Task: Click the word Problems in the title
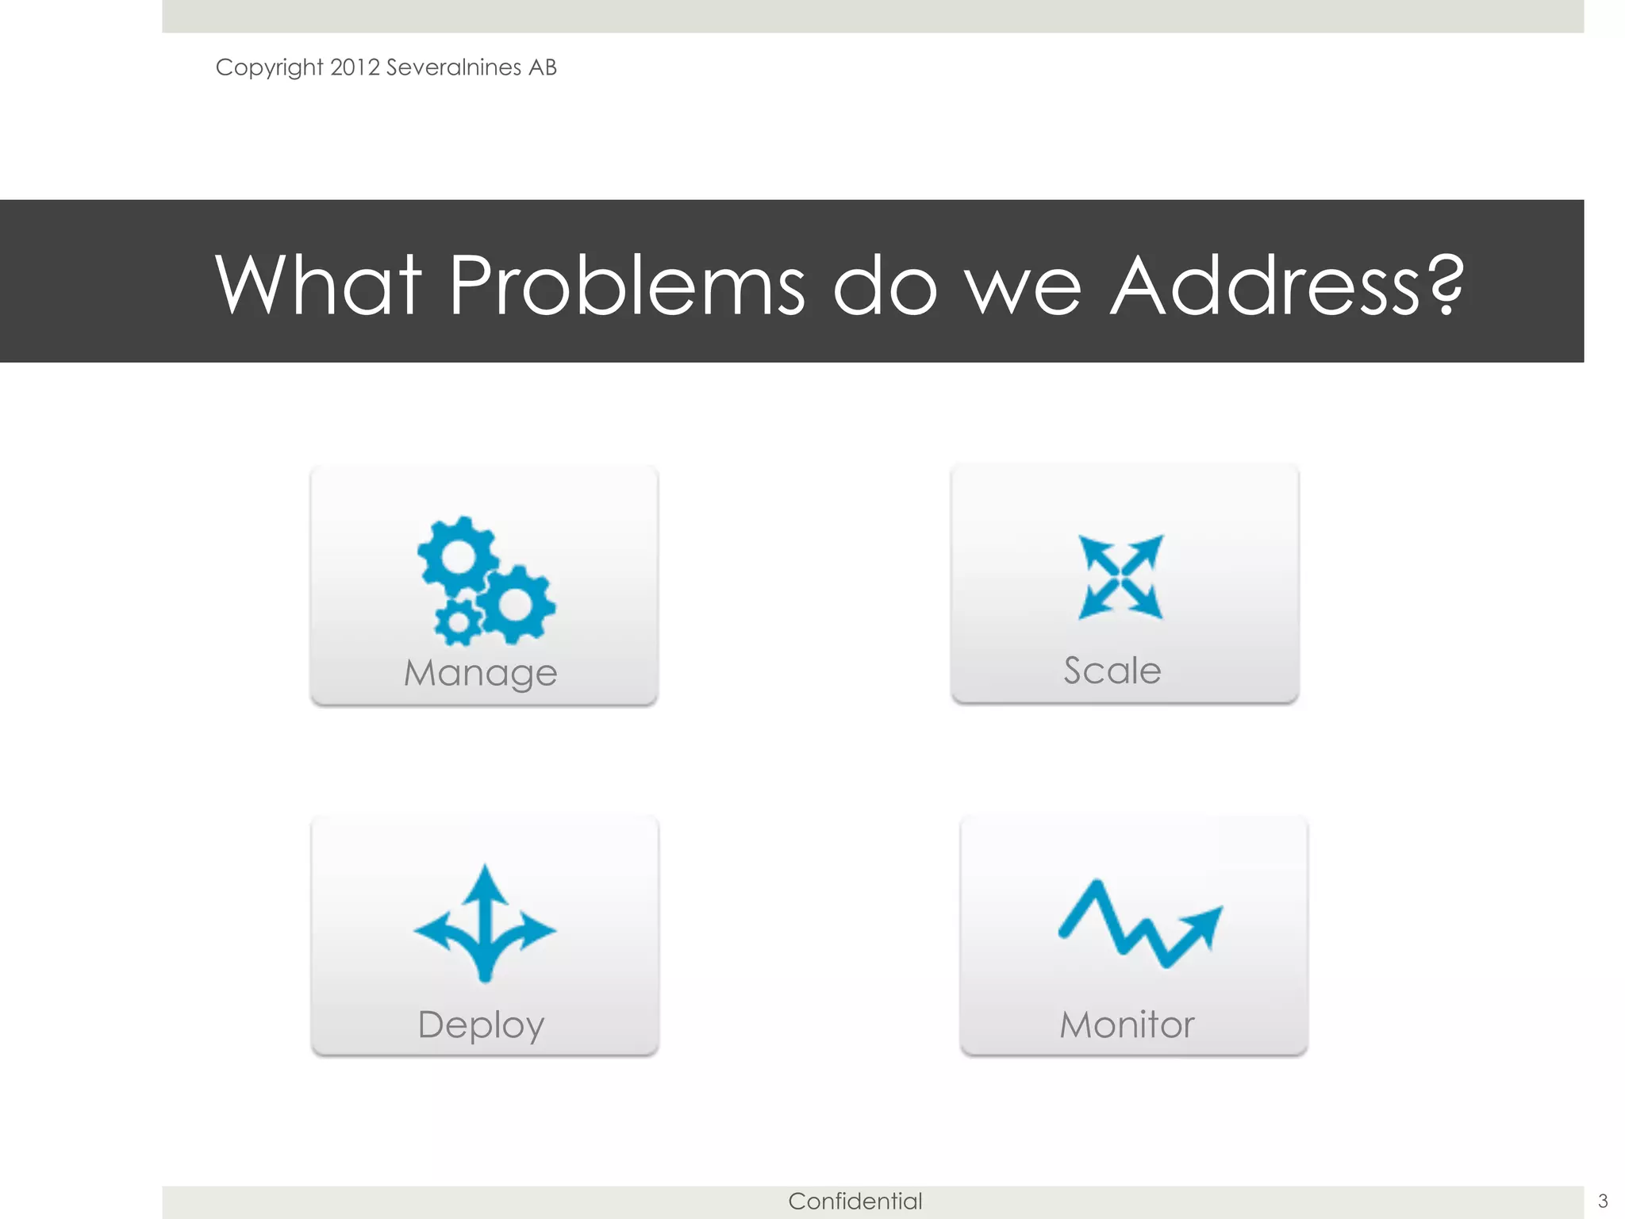pyautogui.click(x=627, y=285)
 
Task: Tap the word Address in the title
pyautogui.click(x=1266, y=285)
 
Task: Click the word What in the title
pyautogui.click(x=318, y=285)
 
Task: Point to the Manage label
pyautogui.click(x=481, y=673)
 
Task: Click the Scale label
pyautogui.click(x=1112, y=671)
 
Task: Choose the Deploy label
pyautogui.click(x=481, y=1025)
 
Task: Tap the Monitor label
pyautogui.click(x=1127, y=1025)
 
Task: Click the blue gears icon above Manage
pyautogui.click(x=486, y=579)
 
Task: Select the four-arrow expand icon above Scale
pyautogui.click(x=1120, y=577)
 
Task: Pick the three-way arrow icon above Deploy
pyautogui.click(x=485, y=925)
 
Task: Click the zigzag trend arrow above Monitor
pyautogui.click(x=1139, y=925)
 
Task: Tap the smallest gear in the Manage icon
pyautogui.click(x=457, y=621)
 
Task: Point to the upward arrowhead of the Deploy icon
pyautogui.click(x=485, y=881)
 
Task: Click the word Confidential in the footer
pyautogui.click(x=855, y=1202)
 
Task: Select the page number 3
pyautogui.click(x=1602, y=1202)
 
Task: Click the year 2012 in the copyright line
pyautogui.click(x=355, y=67)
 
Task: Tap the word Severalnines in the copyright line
pyautogui.click(x=453, y=67)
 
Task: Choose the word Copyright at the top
pyautogui.click(x=269, y=67)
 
